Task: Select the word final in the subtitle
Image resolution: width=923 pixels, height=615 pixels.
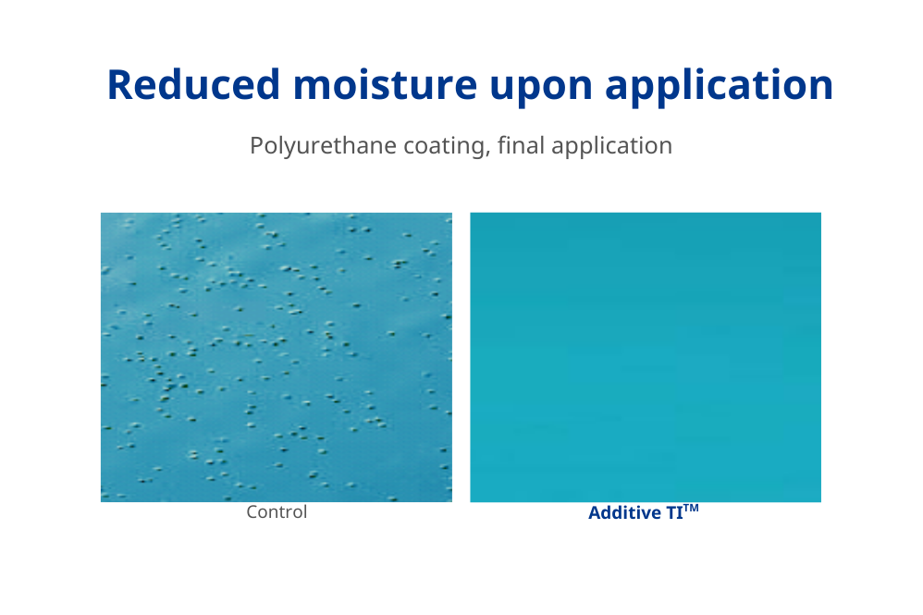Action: (519, 145)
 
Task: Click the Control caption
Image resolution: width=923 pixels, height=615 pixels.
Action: (277, 512)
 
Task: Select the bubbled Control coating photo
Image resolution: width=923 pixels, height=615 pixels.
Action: (277, 357)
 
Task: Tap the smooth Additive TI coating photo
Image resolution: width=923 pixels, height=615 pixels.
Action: (646, 357)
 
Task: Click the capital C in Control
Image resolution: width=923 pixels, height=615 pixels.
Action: (252, 512)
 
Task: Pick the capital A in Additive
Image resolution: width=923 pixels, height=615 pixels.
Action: (594, 513)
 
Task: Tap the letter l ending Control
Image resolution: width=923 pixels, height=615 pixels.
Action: (304, 511)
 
